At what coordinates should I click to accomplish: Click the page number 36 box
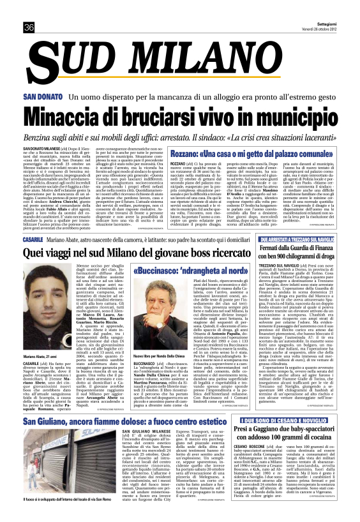tap(29, 27)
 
